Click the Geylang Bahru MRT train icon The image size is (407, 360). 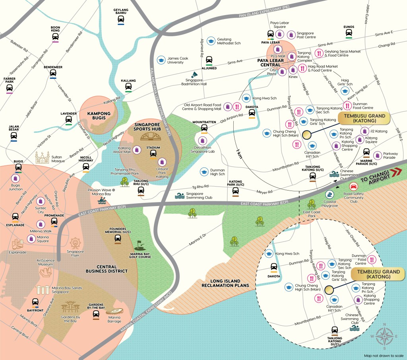coord(121,18)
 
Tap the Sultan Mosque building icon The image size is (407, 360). coord(43,158)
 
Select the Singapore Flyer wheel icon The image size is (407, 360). coord(75,243)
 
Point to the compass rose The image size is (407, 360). coord(384,336)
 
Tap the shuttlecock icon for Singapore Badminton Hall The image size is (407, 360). coord(195,75)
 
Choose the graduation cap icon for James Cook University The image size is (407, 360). coord(161,60)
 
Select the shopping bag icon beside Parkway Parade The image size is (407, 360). coord(377,155)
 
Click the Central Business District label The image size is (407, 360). coord(107,269)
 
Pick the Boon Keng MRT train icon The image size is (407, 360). coord(56,37)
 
